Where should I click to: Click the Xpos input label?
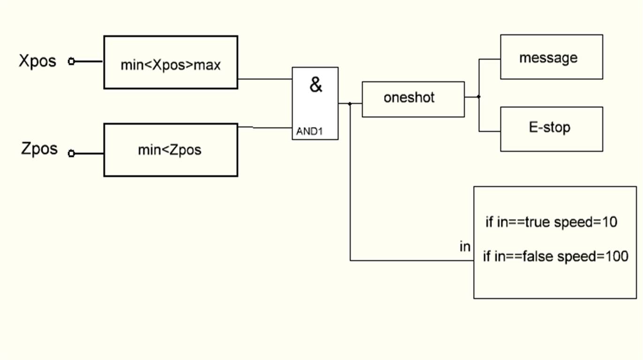(38, 61)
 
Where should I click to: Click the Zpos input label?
(39, 149)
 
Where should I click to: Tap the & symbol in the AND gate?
(316, 85)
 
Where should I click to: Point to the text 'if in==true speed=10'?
(551, 222)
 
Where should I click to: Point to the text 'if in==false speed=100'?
(555, 256)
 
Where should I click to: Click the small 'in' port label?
(465, 247)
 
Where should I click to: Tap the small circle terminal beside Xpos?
(71, 61)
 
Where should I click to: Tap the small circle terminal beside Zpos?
(71, 153)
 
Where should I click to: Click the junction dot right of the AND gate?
(350, 104)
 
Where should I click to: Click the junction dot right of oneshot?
(478, 97)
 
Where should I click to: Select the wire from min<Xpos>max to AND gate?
(265, 79)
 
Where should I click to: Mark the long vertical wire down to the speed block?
(350, 187)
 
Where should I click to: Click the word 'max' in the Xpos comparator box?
(207, 65)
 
